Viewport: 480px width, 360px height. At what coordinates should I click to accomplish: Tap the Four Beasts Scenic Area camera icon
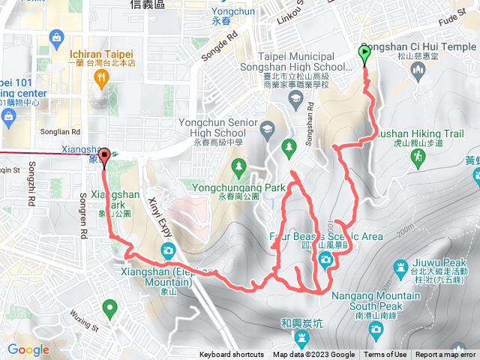[325, 259]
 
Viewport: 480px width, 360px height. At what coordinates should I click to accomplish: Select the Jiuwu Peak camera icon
[398, 268]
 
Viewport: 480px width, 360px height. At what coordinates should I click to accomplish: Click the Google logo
[28, 349]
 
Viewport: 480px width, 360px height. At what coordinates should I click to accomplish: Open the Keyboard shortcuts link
[231, 355]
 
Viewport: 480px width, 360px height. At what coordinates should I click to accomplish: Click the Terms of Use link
[385, 355]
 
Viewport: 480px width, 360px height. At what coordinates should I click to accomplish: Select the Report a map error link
[445, 355]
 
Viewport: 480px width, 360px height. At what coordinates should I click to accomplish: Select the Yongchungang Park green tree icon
[238, 165]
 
